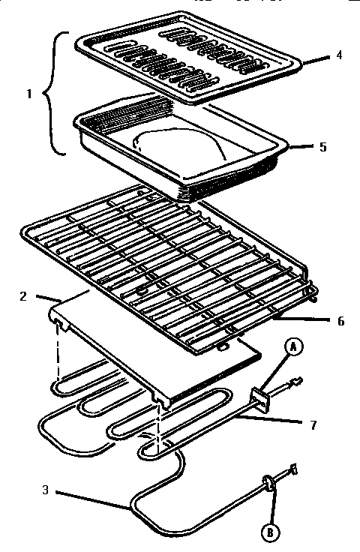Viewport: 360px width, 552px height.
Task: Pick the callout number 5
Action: tap(322, 147)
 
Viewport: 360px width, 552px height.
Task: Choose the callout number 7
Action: tap(313, 425)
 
